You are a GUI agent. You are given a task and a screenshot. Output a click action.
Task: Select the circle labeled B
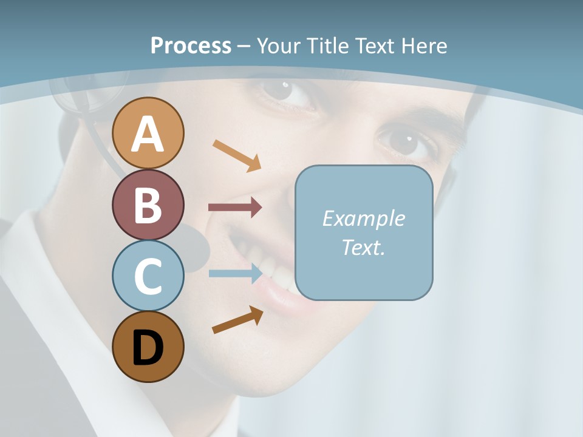click(148, 205)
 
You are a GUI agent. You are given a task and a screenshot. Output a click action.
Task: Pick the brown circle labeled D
click(148, 347)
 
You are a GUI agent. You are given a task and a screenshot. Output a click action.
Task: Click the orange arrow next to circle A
click(237, 155)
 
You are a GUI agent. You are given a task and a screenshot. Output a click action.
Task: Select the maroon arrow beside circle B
click(235, 208)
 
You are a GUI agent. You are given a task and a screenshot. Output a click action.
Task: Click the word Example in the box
click(363, 218)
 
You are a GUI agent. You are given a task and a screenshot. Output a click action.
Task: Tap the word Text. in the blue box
click(363, 247)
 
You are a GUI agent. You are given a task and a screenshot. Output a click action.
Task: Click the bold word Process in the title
click(191, 46)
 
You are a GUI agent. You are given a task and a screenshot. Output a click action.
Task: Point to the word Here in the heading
click(424, 46)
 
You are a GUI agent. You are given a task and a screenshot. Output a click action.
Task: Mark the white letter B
click(148, 205)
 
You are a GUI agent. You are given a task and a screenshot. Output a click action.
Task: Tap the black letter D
click(148, 348)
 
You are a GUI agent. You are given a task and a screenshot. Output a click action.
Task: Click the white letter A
click(148, 134)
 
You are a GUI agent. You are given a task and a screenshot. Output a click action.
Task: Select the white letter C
click(148, 276)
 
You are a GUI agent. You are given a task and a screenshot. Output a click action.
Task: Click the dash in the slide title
click(244, 47)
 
